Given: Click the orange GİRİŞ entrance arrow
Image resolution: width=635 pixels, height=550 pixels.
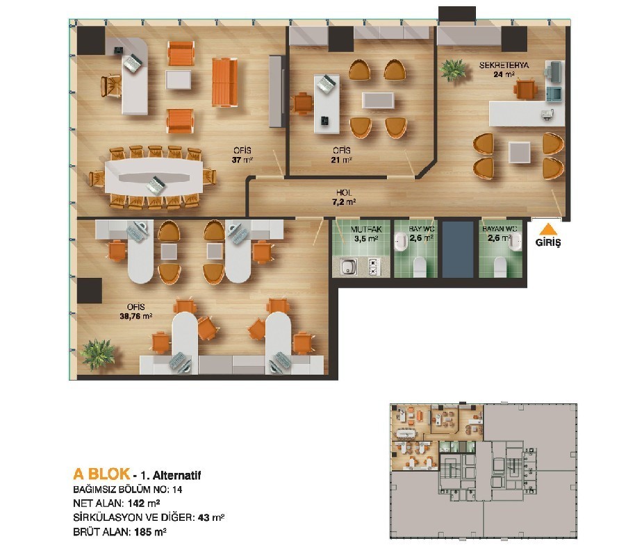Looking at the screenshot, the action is [547, 229].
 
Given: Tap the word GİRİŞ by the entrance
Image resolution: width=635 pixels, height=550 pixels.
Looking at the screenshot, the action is [548, 243].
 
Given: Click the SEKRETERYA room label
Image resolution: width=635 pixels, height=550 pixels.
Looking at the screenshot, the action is [504, 65].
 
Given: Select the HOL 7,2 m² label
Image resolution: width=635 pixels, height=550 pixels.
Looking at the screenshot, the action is [344, 197].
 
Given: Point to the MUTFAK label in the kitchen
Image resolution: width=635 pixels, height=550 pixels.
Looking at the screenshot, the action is [366, 229].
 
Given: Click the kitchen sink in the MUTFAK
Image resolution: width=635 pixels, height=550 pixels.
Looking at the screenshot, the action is [348, 267].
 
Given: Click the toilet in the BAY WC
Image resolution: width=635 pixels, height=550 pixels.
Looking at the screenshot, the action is [420, 267].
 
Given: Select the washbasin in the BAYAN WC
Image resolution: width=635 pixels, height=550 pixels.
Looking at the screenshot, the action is [515, 242].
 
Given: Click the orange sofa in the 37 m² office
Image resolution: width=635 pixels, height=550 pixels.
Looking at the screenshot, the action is [225, 82].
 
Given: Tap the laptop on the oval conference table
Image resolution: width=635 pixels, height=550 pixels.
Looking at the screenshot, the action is [156, 185].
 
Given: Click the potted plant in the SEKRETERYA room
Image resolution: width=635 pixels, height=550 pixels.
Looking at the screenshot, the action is [454, 69].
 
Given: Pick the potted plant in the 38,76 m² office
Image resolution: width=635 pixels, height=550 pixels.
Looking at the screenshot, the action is [97, 351].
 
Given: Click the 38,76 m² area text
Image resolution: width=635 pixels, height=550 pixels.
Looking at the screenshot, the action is [135, 316].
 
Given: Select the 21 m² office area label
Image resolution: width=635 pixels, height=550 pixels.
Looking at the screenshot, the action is [341, 160].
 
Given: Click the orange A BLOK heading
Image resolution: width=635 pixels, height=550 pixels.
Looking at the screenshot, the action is [101, 474].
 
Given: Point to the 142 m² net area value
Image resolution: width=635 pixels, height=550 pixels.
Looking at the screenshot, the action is [144, 503].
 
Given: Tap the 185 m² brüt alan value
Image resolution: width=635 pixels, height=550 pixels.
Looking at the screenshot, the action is [150, 532].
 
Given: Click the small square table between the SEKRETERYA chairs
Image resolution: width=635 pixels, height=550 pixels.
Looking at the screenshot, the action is [519, 152].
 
